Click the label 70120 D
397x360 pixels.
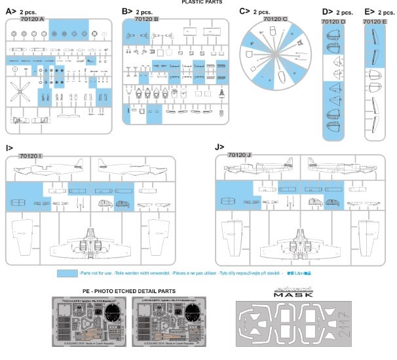click(x=334, y=22)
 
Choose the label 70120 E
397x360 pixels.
click(x=375, y=22)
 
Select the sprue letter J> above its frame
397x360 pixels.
click(x=219, y=147)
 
